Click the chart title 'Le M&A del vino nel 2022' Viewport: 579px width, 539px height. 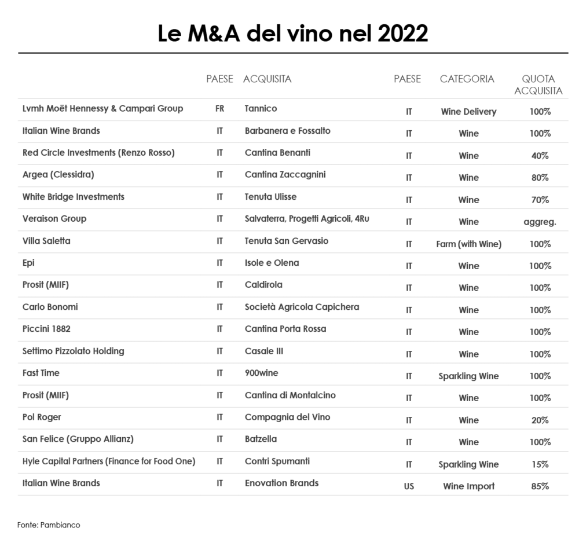(x=292, y=34)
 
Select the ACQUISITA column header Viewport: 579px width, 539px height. (x=267, y=79)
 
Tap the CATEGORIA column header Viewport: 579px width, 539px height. (x=467, y=79)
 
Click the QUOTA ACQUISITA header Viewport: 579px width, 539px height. (x=538, y=85)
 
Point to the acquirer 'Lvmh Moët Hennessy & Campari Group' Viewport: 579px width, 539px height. (x=102, y=109)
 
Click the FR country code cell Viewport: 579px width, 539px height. (x=220, y=109)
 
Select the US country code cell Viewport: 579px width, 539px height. (x=409, y=486)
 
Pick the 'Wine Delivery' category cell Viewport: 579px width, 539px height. (x=468, y=112)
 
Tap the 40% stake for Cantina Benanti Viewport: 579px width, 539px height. (x=540, y=156)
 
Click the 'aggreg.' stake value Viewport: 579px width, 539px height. (x=540, y=222)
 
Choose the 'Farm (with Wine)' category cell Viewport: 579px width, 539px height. (x=468, y=244)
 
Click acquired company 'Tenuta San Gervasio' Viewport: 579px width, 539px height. (x=286, y=241)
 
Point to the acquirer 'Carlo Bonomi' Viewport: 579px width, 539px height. (x=50, y=307)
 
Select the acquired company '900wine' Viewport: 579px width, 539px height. (x=261, y=373)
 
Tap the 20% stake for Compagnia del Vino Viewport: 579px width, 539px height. (x=540, y=420)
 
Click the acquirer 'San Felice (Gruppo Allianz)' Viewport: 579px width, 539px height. (x=78, y=439)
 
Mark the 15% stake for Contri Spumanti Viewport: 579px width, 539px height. (x=540, y=464)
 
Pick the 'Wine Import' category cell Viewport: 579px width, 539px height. (x=468, y=486)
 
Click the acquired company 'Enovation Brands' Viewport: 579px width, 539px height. (x=281, y=483)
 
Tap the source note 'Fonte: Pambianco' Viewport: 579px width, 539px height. (x=49, y=525)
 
